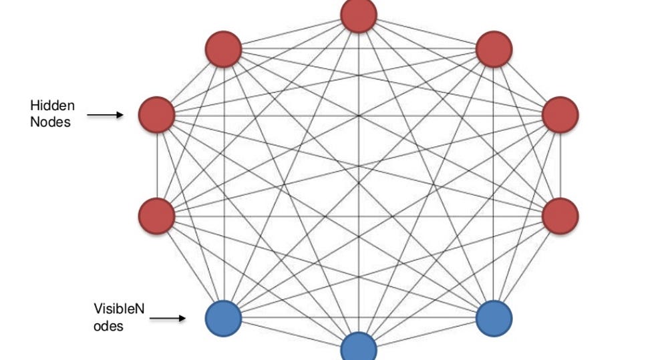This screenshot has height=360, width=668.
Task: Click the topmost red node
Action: pyautogui.click(x=359, y=15)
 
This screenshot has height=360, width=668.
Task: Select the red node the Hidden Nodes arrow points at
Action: pyautogui.click(x=156, y=115)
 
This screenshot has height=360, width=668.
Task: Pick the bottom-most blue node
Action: pyautogui.click(x=359, y=349)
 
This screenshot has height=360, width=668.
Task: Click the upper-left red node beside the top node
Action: pyautogui.click(x=223, y=49)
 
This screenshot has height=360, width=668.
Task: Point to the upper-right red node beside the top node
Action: pyautogui.click(x=494, y=49)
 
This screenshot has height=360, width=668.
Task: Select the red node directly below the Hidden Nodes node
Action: pyautogui.click(x=156, y=216)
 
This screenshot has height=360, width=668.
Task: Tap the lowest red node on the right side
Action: pyautogui.click(x=560, y=216)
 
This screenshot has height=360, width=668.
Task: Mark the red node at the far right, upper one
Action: pyautogui.click(x=560, y=115)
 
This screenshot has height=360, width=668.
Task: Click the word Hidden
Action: pyautogui.click(x=52, y=106)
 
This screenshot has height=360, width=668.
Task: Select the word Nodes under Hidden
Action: pyautogui.click(x=50, y=122)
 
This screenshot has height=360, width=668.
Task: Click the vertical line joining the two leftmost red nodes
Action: pyautogui.click(x=156, y=166)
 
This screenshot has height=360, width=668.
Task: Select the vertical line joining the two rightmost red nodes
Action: pyautogui.click(x=560, y=166)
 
